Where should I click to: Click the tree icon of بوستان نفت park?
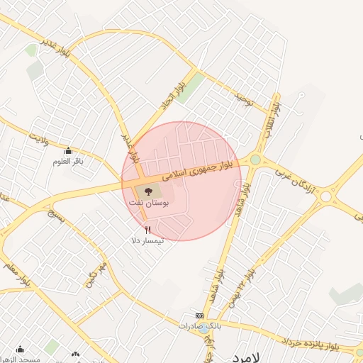(148, 191)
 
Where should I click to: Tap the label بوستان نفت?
(149, 203)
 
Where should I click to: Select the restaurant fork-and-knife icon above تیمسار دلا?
(147, 230)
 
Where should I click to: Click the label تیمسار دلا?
(147, 241)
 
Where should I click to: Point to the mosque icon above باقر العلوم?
(68, 150)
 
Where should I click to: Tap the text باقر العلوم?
(68, 162)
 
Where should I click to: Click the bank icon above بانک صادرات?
(199, 315)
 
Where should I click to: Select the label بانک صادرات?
(200, 326)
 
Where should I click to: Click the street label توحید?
(243, 99)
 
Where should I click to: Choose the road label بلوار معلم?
(21, 272)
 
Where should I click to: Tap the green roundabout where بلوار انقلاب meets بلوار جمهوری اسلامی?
(255, 160)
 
